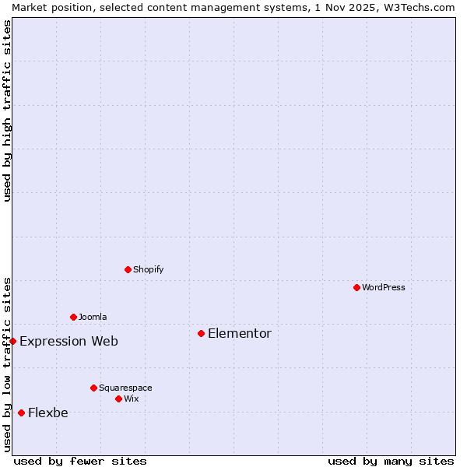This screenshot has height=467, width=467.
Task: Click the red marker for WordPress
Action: pos(356,287)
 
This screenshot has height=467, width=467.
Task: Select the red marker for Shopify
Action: pos(128,269)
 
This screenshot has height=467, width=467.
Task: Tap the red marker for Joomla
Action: pos(73,317)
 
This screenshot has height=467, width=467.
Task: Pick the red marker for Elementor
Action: pos(201,333)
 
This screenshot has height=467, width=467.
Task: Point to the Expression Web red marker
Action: pos(12,341)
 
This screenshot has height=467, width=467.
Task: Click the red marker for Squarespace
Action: pos(93,388)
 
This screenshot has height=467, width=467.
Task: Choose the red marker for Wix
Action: pos(118,399)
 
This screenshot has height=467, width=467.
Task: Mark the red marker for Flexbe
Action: pos(21,413)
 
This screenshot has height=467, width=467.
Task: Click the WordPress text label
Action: pos(384,287)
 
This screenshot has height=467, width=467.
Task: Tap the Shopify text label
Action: pos(148,269)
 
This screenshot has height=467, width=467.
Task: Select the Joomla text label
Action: pos(93,317)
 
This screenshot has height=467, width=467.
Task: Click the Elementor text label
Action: pos(240,333)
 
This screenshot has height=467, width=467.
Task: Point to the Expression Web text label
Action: pos(68,341)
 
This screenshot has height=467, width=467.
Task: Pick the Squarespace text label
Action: pos(125,388)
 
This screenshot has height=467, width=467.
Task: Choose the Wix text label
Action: pos(131,399)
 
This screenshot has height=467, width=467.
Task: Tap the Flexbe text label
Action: pos(48,413)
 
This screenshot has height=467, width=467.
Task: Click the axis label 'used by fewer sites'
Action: pos(80,461)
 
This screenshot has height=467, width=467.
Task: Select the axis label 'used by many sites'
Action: pos(391,461)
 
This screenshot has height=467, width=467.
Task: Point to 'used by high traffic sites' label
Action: pos(7,111)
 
